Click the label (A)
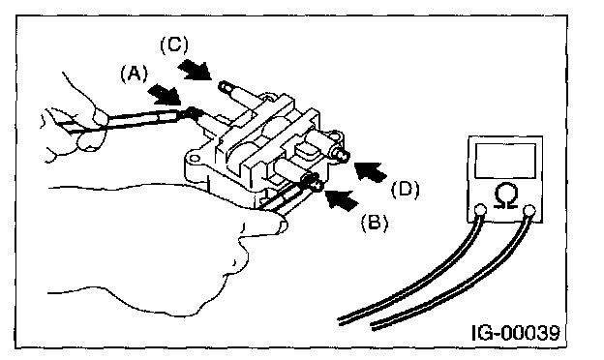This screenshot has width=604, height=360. click(x=134, y=74)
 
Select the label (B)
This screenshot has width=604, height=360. click(x=375, y=223)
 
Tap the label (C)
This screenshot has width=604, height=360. click(x=174, y=45)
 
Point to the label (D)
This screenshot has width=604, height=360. click(x=406, y=190)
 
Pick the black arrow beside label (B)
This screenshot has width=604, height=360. click(x=342, y=198)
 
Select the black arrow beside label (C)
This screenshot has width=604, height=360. click(x=195, y=70)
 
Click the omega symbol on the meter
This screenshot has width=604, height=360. click(x=505, y=196)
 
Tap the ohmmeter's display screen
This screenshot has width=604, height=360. click(x=505, y=161)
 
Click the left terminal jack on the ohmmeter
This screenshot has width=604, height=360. click(x=480, y=210)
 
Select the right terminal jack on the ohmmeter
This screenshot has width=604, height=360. click(x=530, y=210)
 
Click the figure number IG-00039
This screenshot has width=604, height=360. click(x=515, y=333)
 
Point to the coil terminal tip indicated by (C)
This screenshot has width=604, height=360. click(x=225, y=86)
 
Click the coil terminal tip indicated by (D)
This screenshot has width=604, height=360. click(x=343, y=155)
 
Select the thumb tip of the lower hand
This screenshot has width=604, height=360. click(x=281, y=224)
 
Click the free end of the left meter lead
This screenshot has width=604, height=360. click(x=339, y=321)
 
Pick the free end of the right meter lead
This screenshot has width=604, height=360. click(x=373, y=326)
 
